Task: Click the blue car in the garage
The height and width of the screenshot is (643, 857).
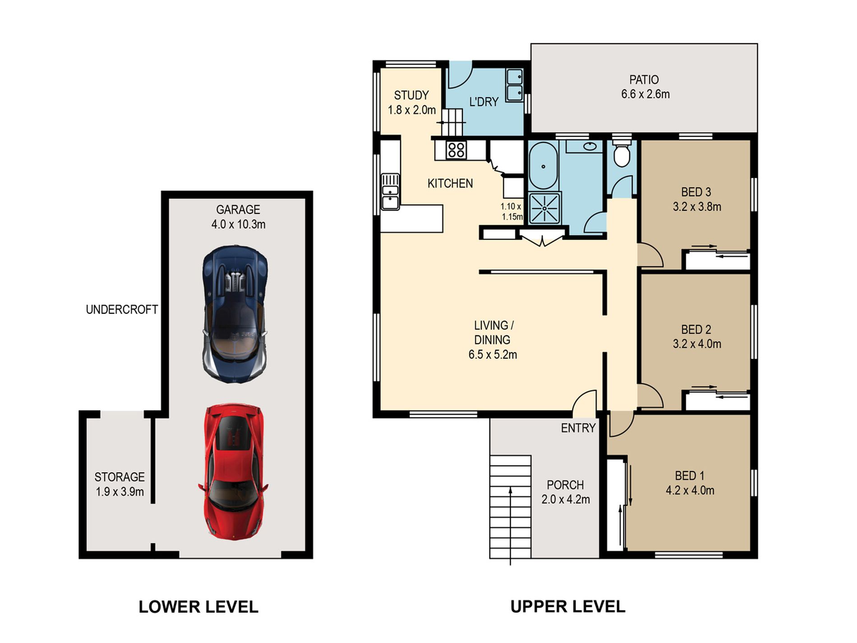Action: click(x=235, y=314)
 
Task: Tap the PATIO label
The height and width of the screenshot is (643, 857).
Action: click(x=644, y=80)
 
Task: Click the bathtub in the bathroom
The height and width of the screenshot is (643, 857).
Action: click(x=544, y=166)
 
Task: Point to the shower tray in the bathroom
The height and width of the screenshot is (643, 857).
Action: click(x=545, y=208)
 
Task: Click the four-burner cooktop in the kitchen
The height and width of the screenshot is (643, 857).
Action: click(x=456, y=150)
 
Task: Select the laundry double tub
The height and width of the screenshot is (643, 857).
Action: click(x=515, y=85)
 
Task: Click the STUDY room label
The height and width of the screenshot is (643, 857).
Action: click(x=411, y=95)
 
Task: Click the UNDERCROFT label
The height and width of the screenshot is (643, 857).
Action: click(x=122, y=310)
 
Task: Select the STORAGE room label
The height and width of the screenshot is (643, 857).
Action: click(x=120, y=477)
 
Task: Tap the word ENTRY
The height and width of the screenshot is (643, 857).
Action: click(x=578, y=428)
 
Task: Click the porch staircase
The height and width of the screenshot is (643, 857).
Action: click(x=510, y=507)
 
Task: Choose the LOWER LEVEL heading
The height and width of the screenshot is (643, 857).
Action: click(x=198, y=607)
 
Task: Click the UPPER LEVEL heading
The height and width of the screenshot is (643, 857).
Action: click(x=568, y=607)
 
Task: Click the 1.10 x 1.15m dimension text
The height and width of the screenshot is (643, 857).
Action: click(x=511, y=212)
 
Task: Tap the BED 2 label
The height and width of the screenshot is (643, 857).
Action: click(x=696, y=329)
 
